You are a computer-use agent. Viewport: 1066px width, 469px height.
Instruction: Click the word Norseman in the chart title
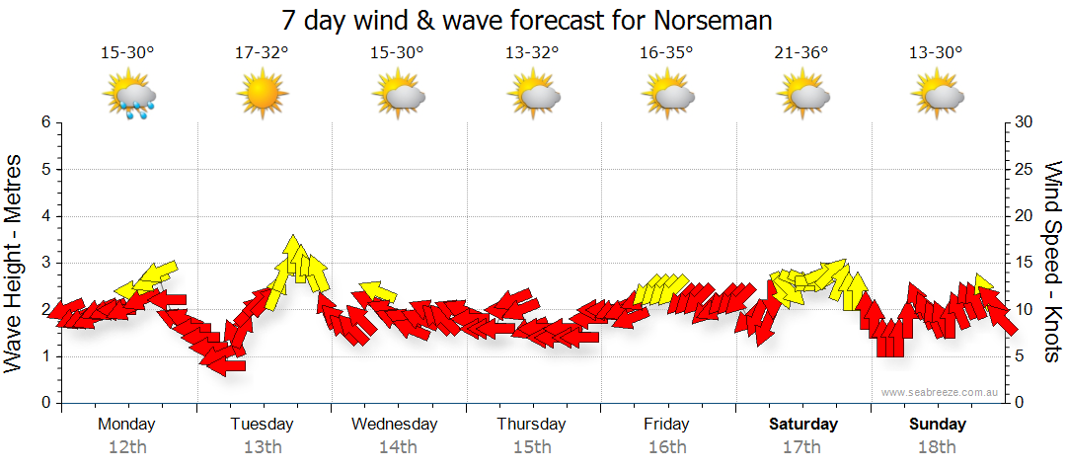coord(714,21)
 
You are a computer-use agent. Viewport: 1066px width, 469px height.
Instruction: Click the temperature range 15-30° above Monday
coord(127,52)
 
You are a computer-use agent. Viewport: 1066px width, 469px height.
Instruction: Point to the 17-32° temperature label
coord(262,52)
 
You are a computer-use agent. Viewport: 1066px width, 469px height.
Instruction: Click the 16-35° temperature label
coord(666,52)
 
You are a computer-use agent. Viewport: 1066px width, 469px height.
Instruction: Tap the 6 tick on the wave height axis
coord(43,122)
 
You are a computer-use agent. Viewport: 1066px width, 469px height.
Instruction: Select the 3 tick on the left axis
coord(43,263)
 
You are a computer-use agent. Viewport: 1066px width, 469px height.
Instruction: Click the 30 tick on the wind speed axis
coord(1025,122)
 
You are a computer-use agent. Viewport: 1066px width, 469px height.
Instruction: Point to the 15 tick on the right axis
coord(1025,263)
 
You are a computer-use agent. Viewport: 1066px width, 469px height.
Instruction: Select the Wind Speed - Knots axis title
coord(1052,263)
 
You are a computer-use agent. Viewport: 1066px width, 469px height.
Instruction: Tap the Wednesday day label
coord(395,425)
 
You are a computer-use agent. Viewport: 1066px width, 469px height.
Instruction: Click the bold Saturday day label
coord(802,425)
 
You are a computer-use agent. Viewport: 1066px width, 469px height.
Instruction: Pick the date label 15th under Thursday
coord(532,447)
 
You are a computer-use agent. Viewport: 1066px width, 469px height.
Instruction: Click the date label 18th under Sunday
coord(937,447)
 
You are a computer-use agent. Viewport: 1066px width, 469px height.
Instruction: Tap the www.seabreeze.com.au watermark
coord(940,393)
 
